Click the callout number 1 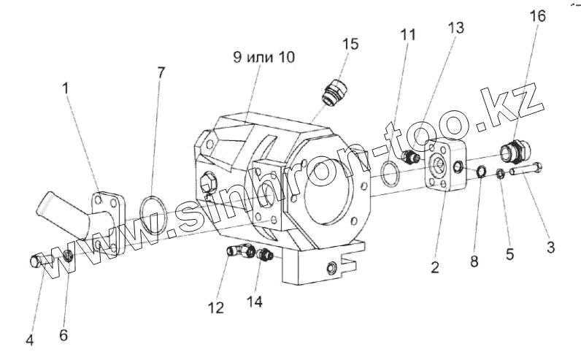point(66,89)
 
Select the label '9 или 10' point(265,58)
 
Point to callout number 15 point(350,44)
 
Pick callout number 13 point(456,28)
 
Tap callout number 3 point(550,248)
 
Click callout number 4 point(30,340)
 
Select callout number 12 point(215,308)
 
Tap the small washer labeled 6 point(67,255)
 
